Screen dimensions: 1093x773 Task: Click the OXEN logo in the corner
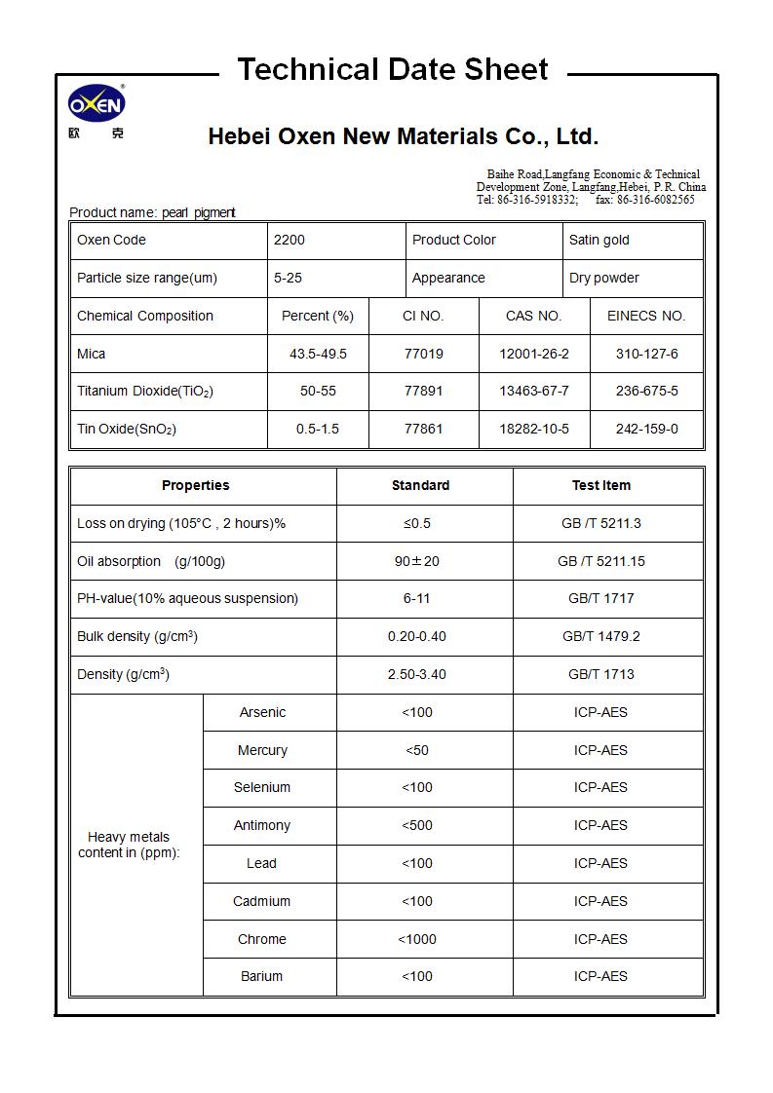[97, 105]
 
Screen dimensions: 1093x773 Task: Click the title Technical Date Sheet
[392, 70]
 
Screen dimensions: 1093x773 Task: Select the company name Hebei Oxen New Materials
[403, 136]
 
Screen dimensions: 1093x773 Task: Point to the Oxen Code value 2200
[290, 240]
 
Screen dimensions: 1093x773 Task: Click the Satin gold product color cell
[599, 240]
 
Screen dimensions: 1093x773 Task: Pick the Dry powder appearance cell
[604, 278]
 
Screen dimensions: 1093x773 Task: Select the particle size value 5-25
[288, 278]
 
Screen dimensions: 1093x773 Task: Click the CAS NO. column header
[533, 316]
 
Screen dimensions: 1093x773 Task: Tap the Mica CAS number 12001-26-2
[533, 354]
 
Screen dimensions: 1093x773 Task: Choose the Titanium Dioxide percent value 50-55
[318, 391]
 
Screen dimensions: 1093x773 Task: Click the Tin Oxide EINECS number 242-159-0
[646, 429]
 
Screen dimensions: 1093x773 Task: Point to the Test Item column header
[600, 485]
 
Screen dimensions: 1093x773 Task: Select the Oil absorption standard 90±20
[417, 561]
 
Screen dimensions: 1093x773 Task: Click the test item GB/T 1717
[600, 598]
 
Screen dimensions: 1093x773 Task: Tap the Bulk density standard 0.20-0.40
[417, 636]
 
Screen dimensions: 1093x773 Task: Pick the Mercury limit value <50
[417, 750]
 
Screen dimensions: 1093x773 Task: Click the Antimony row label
[262, 825]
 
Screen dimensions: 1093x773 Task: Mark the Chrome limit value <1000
[417, 939]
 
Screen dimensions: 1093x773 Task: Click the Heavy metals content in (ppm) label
[129, 845]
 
